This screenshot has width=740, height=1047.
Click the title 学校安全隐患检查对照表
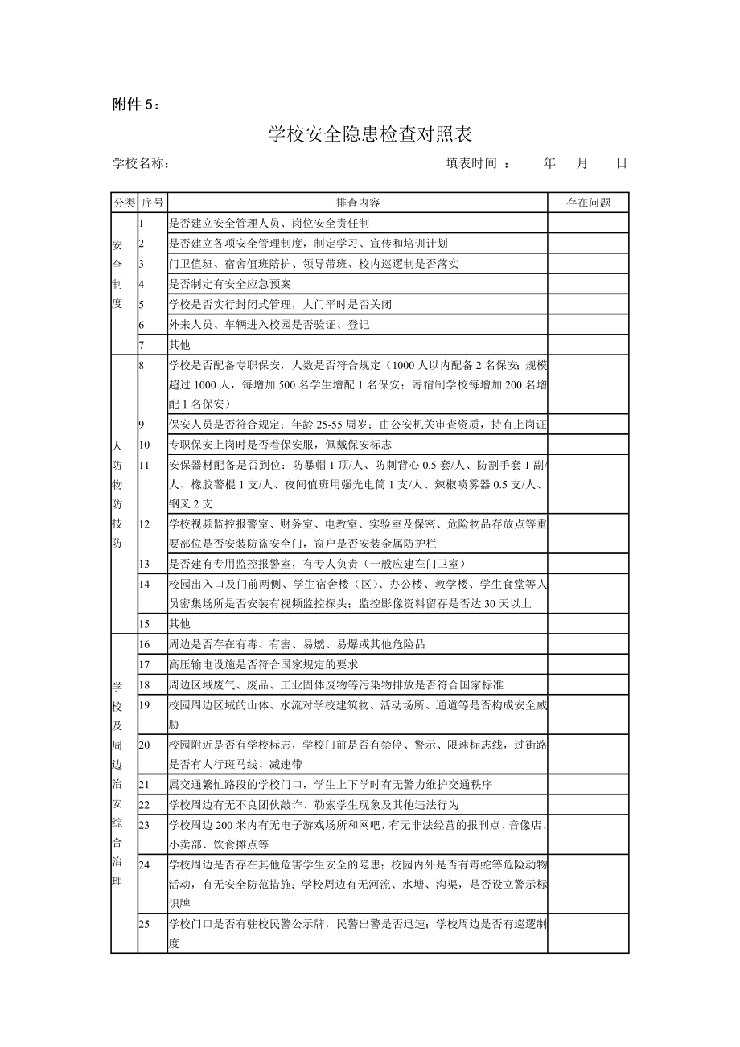pyautogui.click(x=369, y=134)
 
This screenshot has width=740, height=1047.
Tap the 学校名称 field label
pyautogui.click(x=141, y=163)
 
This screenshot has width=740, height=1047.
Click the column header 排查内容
pyautogui.click(x=358, y=203)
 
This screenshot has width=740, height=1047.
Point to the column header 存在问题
pyautogui.click(x=588, y=203)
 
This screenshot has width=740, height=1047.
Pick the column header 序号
pyautogui.click(x=152, y=203)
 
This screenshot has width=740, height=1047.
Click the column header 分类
pyautogui.click(x=125, y=203)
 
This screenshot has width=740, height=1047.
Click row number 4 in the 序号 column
pyautogui.click(x=142, y=284)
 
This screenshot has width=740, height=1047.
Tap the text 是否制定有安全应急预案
pyautogui.click(x=230, y=284)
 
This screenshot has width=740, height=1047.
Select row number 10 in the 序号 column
pyautogui.click(x=145, y=444)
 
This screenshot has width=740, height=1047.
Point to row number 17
pyautogui.click(x=145, y=664)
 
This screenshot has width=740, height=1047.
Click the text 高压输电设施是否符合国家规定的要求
pyautogui.click(x=264, y=664)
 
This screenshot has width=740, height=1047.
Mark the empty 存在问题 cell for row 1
pyautogui.click(x=588, y=223)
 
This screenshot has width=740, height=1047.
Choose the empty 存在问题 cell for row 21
pyautogui.click(x=588, y=784)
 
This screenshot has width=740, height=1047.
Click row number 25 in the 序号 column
pyautogui.click(x=145, y=924)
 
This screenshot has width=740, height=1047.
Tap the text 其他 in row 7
pyautogui.click(x=179, y=345)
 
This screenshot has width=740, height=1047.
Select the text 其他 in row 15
pyautogui.click(x=179, y=623)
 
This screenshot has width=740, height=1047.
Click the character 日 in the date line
pyautogui.click(x=621, y=163)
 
